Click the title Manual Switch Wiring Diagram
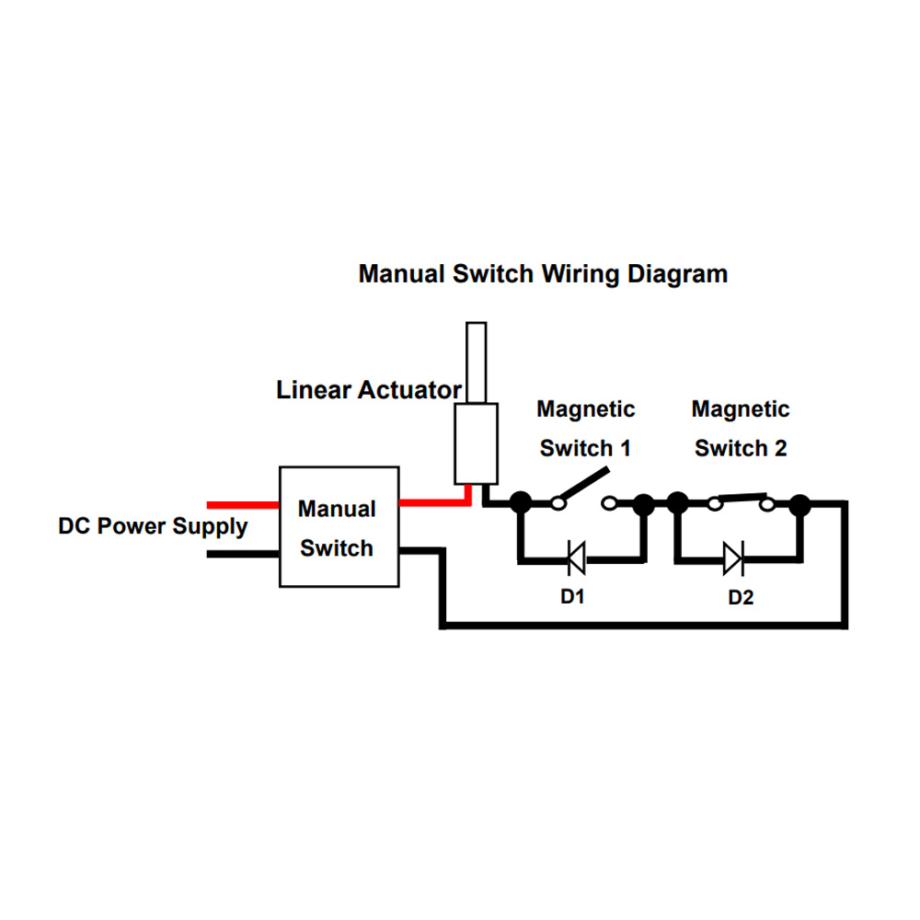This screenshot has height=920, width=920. [543, 274]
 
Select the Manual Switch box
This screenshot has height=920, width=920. [339, 526]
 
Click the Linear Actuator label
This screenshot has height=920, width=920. [369, 390]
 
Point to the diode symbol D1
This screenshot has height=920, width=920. [577, 558]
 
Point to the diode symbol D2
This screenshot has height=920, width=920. [733, 558]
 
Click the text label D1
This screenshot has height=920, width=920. [572, 597]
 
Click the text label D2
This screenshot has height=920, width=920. [741, 597]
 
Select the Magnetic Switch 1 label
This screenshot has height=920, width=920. [585, 429]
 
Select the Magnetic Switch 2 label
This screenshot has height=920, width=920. [741, 429]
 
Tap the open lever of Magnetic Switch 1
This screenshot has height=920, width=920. [584, 485]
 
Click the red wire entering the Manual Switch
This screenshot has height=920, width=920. [243, 505]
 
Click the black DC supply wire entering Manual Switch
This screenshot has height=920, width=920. [243, 554]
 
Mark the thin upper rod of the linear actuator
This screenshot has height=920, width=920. [477, 362]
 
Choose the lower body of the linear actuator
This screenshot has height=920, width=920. [477, 443]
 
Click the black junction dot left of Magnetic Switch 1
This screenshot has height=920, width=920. [521, 503]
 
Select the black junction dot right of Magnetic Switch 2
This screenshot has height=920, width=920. [799, 505]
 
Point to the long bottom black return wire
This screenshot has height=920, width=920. [644, 626]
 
